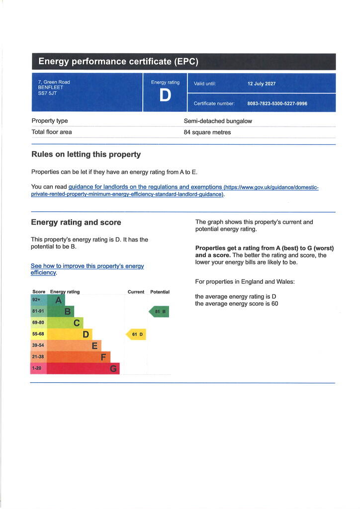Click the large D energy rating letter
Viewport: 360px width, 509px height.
[x=165, y=96]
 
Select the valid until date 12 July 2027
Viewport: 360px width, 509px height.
[x=261, y=84]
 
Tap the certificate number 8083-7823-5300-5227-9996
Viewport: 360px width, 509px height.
[x=277, y=103]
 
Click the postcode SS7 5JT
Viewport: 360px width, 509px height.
[x=48, y=93]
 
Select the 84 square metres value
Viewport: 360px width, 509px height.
[x=207, y=132]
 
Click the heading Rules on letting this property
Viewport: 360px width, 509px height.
[x=86, y=155]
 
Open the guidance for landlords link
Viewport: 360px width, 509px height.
[x=145, y=187]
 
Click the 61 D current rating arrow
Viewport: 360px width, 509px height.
[x=136, y=335]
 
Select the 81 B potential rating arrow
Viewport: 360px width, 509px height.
[x=159, y=312]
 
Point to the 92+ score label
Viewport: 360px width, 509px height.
[x=36, y=300]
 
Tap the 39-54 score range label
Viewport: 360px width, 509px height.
[x=38, y=345]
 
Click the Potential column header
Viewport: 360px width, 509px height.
[x=160, y=292]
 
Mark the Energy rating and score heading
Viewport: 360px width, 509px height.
[x=76, y=222]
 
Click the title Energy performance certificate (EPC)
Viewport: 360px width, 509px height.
[x=118, y=62]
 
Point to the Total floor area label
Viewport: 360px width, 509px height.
[x=52, y=132]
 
